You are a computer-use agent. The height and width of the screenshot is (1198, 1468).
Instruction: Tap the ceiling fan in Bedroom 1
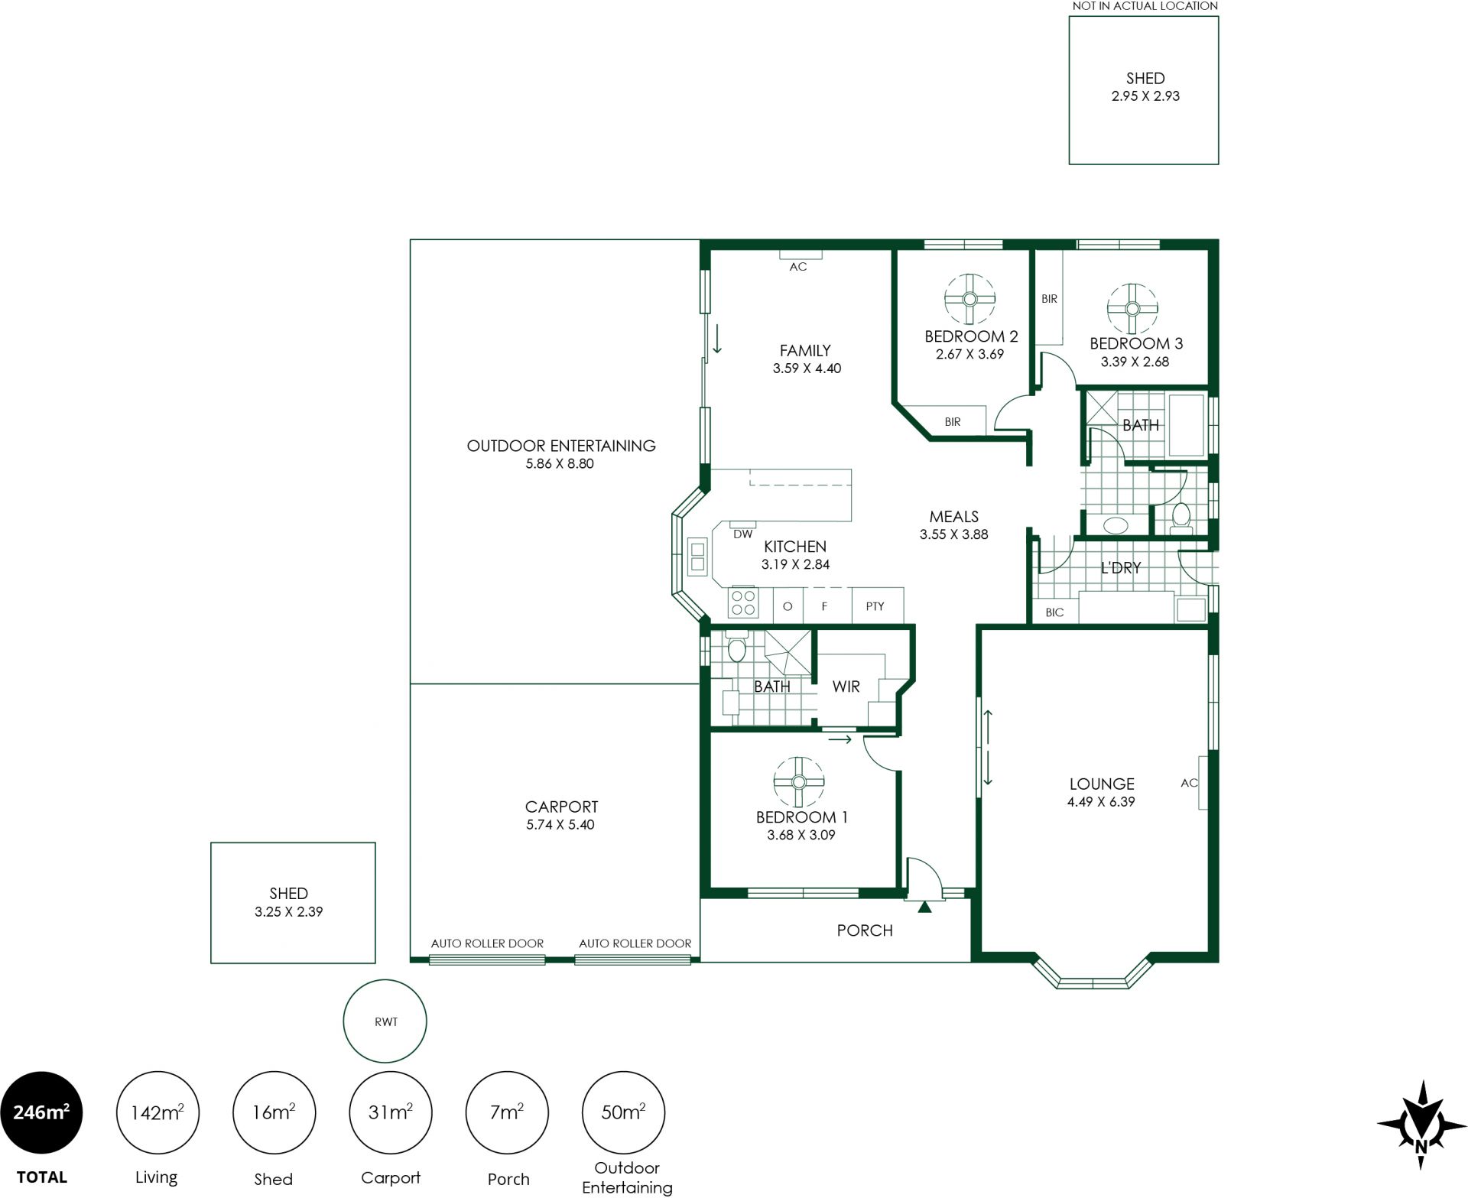click(798, 782)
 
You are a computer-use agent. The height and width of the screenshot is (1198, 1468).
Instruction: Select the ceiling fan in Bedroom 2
click(969, 299)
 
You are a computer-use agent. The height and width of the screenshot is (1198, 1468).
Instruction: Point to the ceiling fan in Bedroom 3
click(1132, 309)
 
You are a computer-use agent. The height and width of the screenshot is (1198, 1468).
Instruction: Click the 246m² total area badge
click(41, 1112)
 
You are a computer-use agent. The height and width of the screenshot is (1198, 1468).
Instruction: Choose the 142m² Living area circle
click(158, 1112)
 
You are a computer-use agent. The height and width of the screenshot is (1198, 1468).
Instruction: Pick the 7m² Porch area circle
click(507, 1112)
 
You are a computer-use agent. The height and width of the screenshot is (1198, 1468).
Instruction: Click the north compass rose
click(1421, 1124)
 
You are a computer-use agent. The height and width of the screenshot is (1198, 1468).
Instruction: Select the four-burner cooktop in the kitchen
click(743, 602)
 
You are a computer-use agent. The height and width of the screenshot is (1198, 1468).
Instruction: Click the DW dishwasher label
click(742, 534)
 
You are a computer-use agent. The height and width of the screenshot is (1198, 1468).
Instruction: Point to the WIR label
click(846, 687)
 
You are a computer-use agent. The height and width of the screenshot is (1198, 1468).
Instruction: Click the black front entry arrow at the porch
click(924, 907)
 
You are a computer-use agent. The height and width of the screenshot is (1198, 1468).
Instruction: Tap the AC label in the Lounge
click(1189, 783)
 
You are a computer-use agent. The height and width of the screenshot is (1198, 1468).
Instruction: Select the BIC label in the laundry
click(1054, 612)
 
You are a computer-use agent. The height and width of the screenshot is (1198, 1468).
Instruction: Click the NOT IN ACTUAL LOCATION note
click(1145, 6)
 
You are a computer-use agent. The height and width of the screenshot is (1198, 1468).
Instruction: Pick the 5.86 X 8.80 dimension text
click(560, 463)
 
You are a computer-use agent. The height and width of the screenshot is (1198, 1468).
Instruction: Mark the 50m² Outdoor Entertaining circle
click(623, 1112)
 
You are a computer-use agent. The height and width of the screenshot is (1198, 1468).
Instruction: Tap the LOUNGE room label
click(1101, 784)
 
